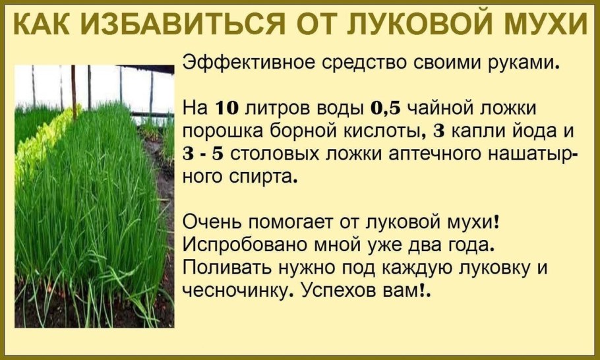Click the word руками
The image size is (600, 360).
[527, 65]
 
